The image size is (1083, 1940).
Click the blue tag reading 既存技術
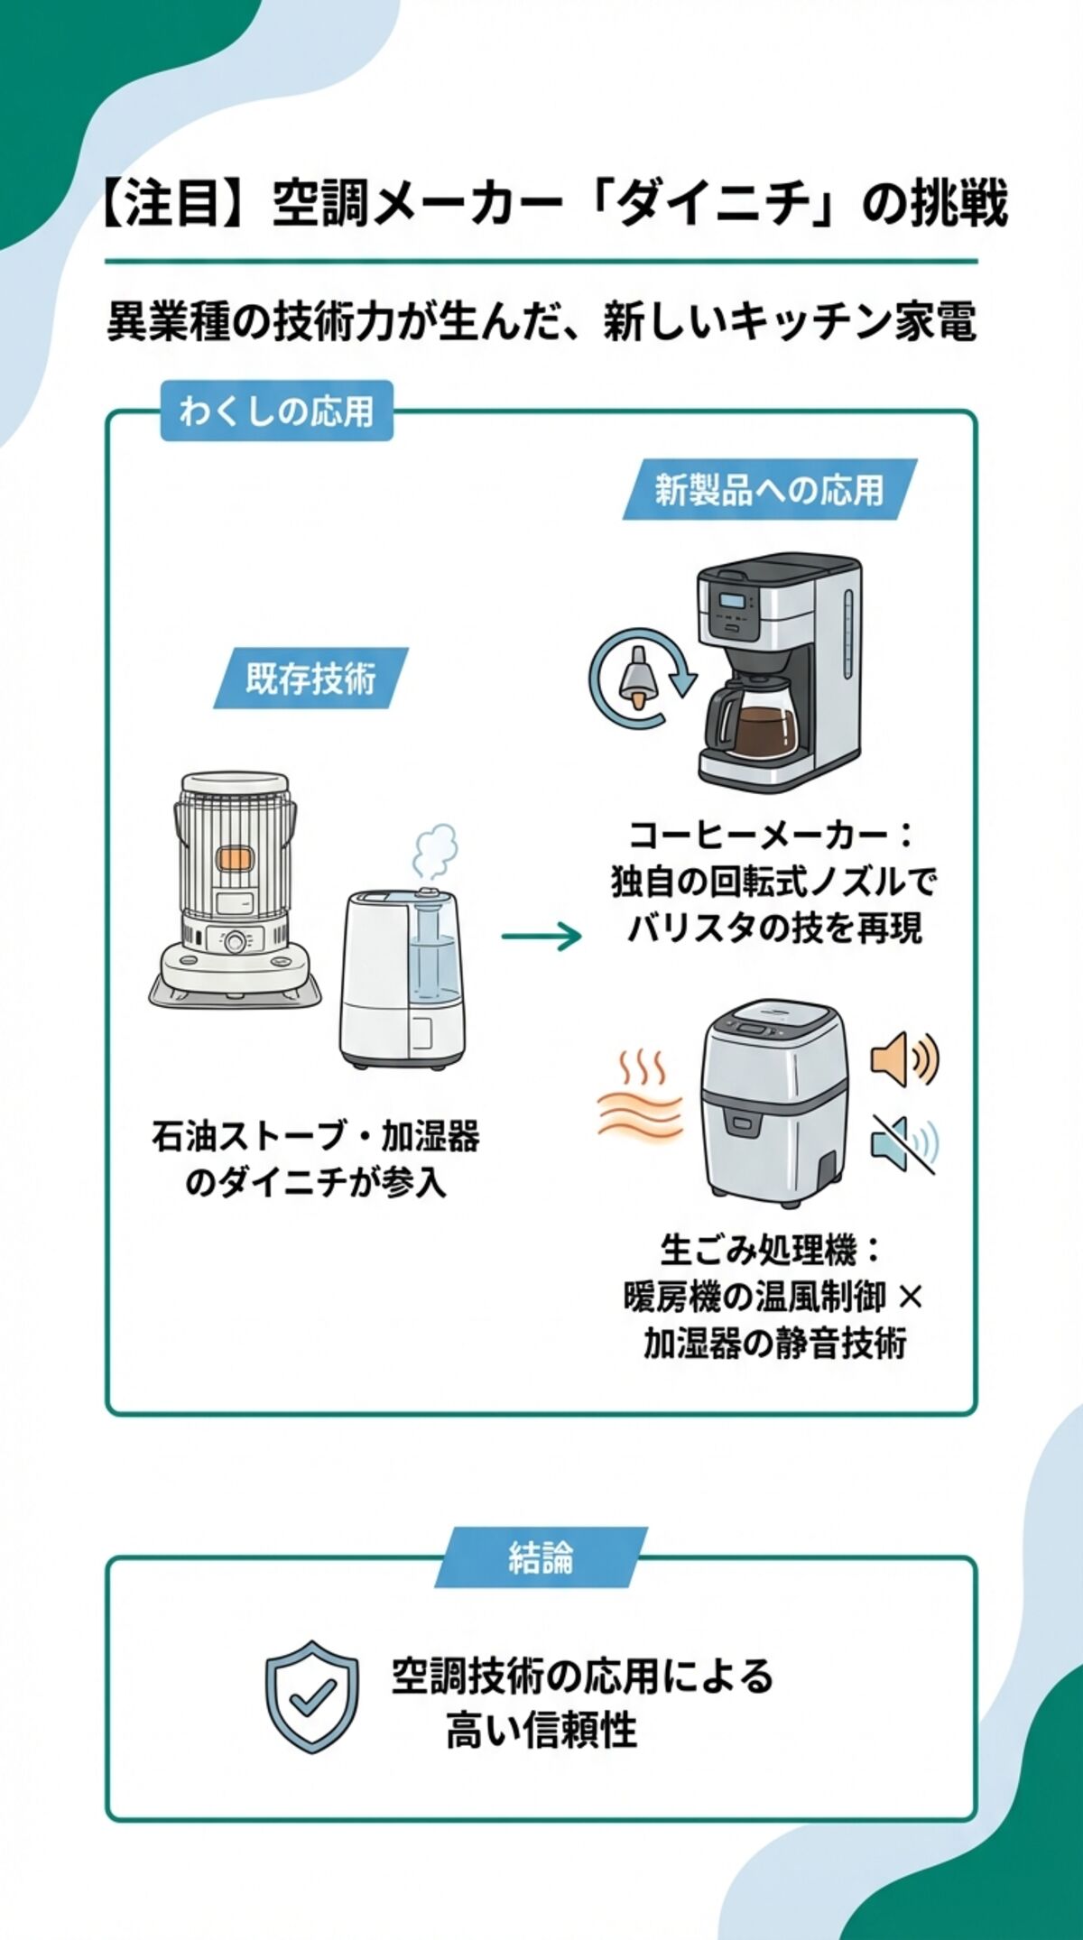coord(310,679)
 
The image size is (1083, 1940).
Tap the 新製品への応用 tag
coord(769,490)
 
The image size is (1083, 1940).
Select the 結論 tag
coord(541,1557)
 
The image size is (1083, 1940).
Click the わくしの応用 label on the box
coord(276,411)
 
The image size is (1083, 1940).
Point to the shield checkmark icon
coord(311,1697)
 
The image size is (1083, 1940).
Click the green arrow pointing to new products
coord(541,937)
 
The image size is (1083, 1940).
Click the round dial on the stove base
coord(236,942)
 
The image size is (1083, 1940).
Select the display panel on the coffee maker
coord(732,603)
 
